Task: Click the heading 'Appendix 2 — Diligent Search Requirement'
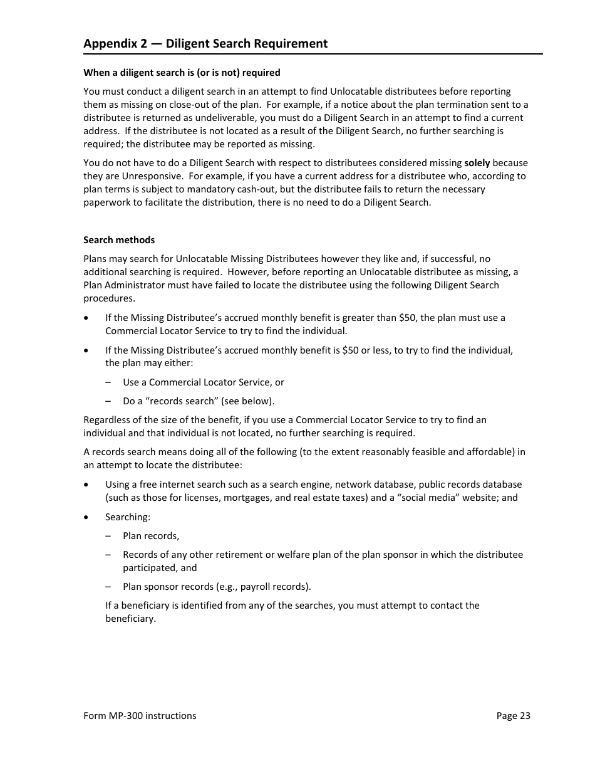205,43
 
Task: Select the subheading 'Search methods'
119,240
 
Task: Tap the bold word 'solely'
477,163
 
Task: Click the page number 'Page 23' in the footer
513,716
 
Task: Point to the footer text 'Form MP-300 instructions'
140,716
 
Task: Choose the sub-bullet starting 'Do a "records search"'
199,401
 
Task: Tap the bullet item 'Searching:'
128,517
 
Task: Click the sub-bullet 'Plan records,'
151,536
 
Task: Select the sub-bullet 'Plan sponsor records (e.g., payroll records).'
217,587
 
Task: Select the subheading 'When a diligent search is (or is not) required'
182,73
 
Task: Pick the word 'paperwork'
105,202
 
